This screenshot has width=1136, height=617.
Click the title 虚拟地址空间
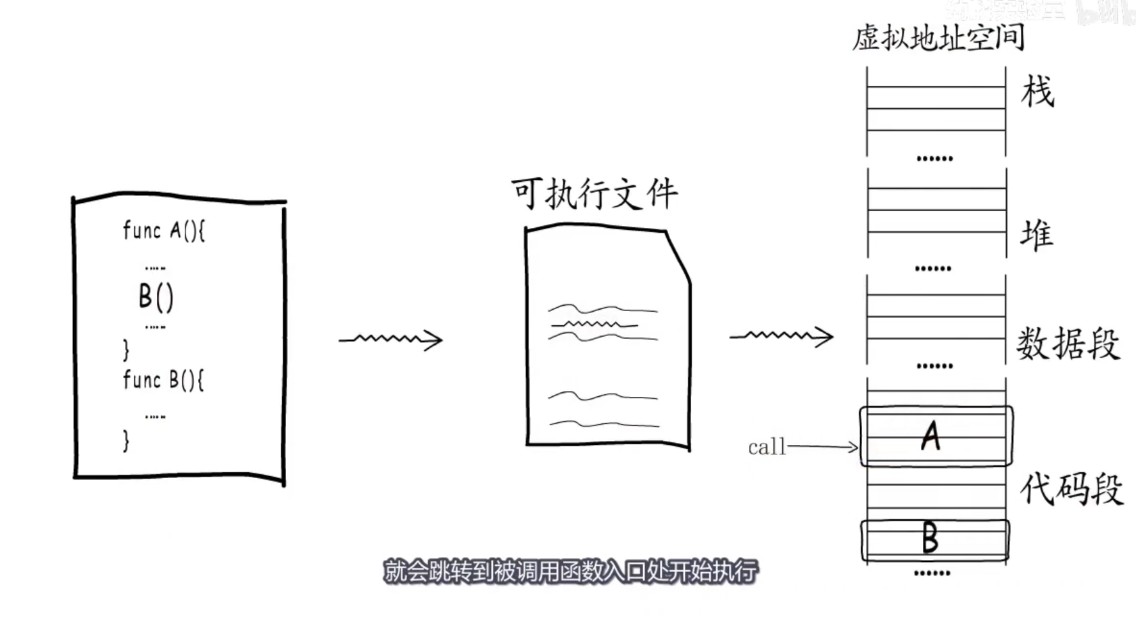pyautogui.click(x=938, y=37)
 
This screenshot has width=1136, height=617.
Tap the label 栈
pyautogui.click(x=1037, y=91)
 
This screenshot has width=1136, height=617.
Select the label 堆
pyautogui.click(x=1036, y=234)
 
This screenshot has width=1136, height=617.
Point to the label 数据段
pyautogui.click(x=1068, y=344)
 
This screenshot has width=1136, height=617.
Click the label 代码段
pyautogui.click(x=1071, y=489)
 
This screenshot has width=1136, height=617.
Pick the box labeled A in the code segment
pyautogui.click(x=935, y=437)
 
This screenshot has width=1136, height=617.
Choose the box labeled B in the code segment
pyautogui.click(x=934, y=539)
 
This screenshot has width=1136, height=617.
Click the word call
pyautogui.click(x=766, y=447)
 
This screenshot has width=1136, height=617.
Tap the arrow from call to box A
pyautogui.click(x=823, y=446)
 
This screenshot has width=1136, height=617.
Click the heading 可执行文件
pyautogui.click(x=594, y=194)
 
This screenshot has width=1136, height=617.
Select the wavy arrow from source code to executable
pyautogui.click(x=390, y=339)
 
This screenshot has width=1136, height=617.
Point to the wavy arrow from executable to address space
pyautogui.click(x=781, y=336)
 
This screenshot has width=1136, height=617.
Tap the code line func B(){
pyautogui.click(x=163, y=380)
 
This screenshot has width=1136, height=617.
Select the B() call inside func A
pyautogui.click(x=156, y=297)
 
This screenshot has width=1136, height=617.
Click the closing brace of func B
pyautogui.click(x=126, y=441)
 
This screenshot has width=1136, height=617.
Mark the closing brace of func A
pyautogui.click(x=126, y=349)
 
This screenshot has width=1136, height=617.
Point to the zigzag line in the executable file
pyautogui.click(x=594, y=325)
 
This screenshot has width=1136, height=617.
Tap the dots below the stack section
pyautogui.click(x=934, y=158)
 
